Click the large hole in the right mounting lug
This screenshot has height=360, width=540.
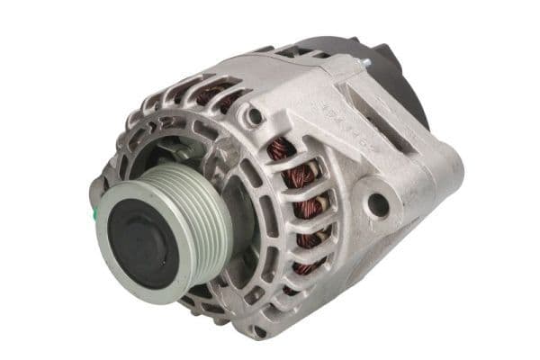tap(379, 203)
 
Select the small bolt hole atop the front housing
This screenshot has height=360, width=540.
tap(256, 116)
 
